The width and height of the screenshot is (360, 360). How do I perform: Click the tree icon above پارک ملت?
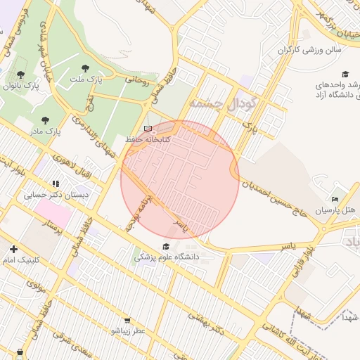86,68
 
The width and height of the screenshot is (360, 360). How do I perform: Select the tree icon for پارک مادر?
46,120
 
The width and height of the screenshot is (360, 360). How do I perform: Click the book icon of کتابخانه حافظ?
147,129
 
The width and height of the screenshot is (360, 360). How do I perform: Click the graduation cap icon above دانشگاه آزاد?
345,75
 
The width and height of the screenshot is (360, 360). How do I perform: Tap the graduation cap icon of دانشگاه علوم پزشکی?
166,246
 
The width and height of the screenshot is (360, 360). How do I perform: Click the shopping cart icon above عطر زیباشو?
127,319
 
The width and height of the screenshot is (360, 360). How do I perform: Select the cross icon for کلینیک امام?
13,249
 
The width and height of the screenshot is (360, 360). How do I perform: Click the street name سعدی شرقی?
67,345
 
